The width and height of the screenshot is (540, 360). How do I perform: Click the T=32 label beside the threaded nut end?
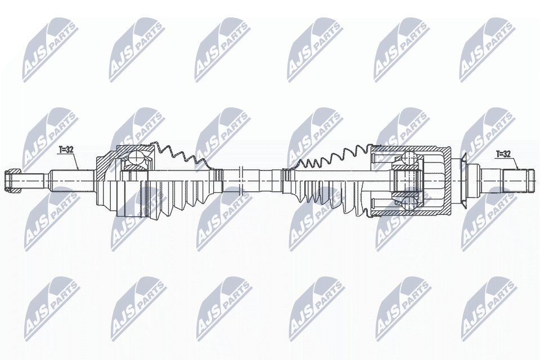(66, 150)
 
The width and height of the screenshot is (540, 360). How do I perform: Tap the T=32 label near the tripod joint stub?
(503, 154)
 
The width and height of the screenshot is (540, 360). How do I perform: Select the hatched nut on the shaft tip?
(13, 181)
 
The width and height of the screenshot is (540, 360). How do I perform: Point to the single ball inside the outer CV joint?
(136, 159)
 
